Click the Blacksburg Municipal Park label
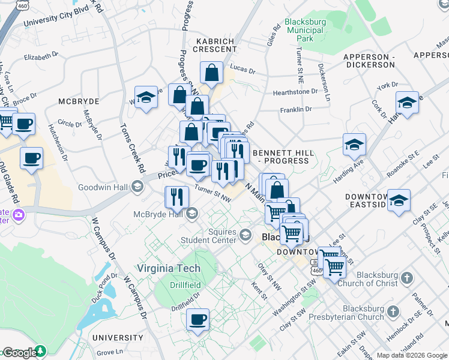pyautogui.click(x=305, y=30)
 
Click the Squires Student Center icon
pyautogui.click(x=245, y=235)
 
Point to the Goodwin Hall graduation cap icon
pyautogui.click(x=137, y=187)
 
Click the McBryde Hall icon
pyautogui.click(x=192, y=213)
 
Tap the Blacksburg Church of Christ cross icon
pyautogui.click(x=408, y=278)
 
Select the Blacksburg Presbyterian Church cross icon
pyautogui.click(x=393, y=312)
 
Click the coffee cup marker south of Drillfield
pyautogui.click(x=197, y=319)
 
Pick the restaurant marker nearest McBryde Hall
pyautogui.click(x=176, y=197)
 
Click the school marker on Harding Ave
pyautogui.click(x=355, y=144)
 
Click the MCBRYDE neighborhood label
pyautogui.click(x=74, y=103)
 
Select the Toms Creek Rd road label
pyautogui.click(x=132, y=146)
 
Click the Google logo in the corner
pyautogui.click(x=19, y=353)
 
